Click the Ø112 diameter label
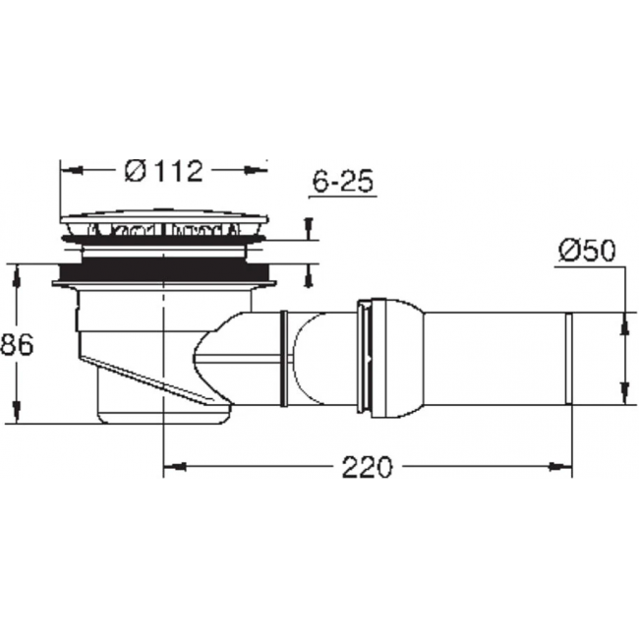pyautogui.click(x=164, y=171)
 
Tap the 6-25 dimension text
pyautogui.click(x=343, y=181)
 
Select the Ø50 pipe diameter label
pyautogui.click(x=587, y=251)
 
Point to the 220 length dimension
pyautogui.click(x=367, y=467)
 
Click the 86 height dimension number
pyautogui.click(x=17, y=345)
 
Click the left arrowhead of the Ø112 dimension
pyautogui.click(x=72, y=170)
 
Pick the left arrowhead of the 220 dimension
pyautogui.click(x=175, y=467)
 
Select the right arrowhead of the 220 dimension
pyautogui.click(x=560, y=467)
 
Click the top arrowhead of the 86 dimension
pyautogui.click(x=17, y=275)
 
